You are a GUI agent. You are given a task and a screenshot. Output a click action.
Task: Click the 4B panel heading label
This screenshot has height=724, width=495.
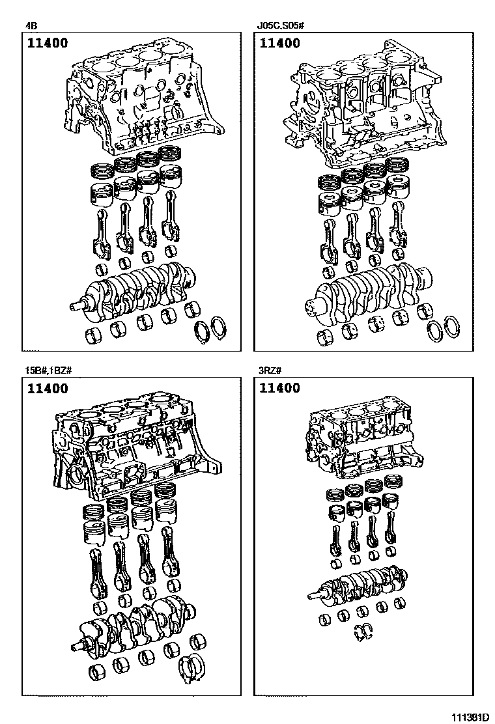tap(31, 27)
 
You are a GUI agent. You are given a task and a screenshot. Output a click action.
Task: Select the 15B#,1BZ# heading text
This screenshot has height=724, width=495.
tap(48, 371)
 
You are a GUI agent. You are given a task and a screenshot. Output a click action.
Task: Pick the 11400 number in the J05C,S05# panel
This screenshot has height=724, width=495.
tap(280, 44)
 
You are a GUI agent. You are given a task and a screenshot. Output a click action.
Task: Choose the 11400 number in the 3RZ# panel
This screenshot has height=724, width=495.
tap(280, 389)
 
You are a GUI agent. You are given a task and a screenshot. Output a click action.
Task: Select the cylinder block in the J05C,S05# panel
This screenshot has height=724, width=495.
tap(365, 107)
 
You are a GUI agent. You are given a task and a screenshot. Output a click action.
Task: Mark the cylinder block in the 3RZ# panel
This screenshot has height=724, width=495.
tap(358, 439)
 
